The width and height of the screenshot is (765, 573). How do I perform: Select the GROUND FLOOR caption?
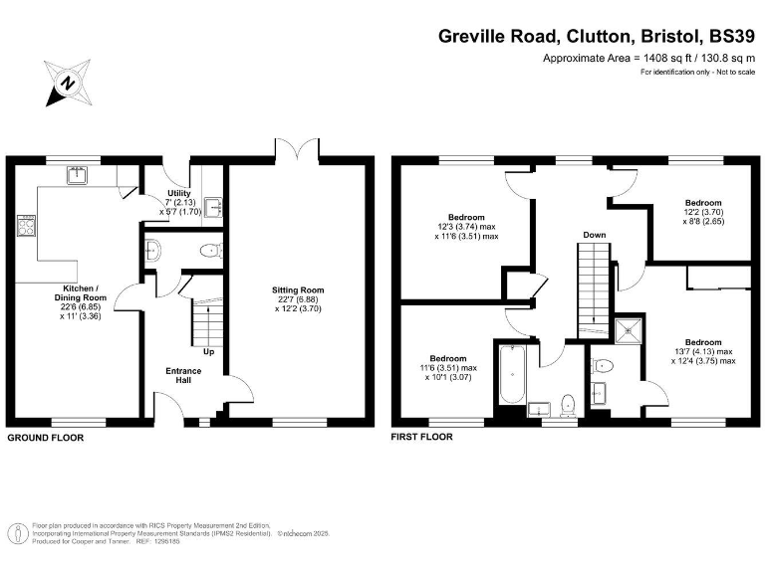[x=46, y=438]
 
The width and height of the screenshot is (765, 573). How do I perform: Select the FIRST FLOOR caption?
[x=423, y=438]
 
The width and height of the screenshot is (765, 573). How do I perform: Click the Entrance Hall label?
[x=183, y=376]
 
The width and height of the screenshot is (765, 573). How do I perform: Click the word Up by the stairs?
[x=208, y=352]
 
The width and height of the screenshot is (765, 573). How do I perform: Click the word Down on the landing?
[x=595, y=236]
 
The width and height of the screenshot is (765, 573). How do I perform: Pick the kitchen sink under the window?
[x=77, y=176]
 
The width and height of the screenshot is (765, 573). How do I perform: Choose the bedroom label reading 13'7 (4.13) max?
[x=702, y=350]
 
